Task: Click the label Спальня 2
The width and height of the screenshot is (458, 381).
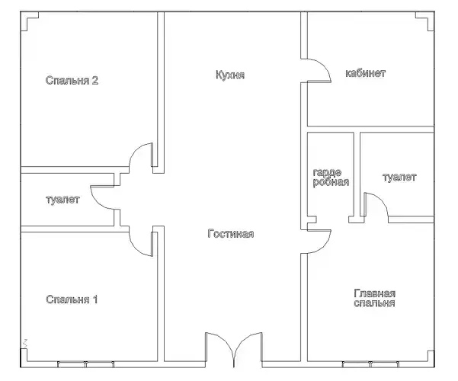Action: pos(72,80)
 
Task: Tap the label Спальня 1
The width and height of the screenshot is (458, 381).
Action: pos(72,299)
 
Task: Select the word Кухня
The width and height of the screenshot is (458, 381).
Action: pos(230,75)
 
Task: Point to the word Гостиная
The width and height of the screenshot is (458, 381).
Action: pos(231,234)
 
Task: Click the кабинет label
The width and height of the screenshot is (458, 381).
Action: pos(365,73)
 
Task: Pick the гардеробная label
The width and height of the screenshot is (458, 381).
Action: pos(331,178)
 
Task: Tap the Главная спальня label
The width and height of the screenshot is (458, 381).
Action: pos(374,298)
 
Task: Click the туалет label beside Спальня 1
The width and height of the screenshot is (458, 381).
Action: pos(62,200)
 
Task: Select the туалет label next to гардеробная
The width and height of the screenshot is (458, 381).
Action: pos(399,178)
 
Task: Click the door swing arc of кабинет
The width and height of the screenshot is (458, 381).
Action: pos(324,65)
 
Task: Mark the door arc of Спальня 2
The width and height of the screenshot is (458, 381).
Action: pos(136,149)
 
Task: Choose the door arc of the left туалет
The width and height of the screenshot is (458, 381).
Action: pos(96,203)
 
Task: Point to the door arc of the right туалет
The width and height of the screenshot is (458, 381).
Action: pos(381,200)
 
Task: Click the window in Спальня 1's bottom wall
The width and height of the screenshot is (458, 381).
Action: pos(85,364)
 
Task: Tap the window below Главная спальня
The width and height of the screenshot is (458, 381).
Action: pos(370,364)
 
